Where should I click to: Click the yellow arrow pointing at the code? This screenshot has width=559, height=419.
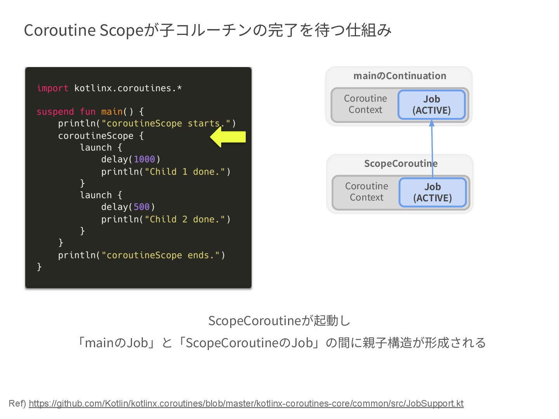228,137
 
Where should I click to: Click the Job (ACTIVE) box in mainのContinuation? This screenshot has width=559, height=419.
431,105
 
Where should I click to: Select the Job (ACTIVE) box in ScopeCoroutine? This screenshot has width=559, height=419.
432,192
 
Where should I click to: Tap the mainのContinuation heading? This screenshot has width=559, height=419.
399,76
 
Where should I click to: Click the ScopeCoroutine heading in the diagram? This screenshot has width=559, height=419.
400,163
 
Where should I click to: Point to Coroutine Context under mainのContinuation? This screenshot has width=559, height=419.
365,104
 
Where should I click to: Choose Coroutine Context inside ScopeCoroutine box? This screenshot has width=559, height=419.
366,192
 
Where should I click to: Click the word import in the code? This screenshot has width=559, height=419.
52,88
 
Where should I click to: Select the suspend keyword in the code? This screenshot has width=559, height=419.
55,112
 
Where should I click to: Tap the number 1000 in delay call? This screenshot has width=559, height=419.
144,159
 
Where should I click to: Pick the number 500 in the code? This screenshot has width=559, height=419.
142,207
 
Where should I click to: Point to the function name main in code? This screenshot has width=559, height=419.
112,112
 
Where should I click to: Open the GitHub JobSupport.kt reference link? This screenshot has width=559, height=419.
246,403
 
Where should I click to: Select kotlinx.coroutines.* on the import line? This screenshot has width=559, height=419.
128,88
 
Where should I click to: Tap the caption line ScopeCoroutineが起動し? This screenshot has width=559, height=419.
279,321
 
